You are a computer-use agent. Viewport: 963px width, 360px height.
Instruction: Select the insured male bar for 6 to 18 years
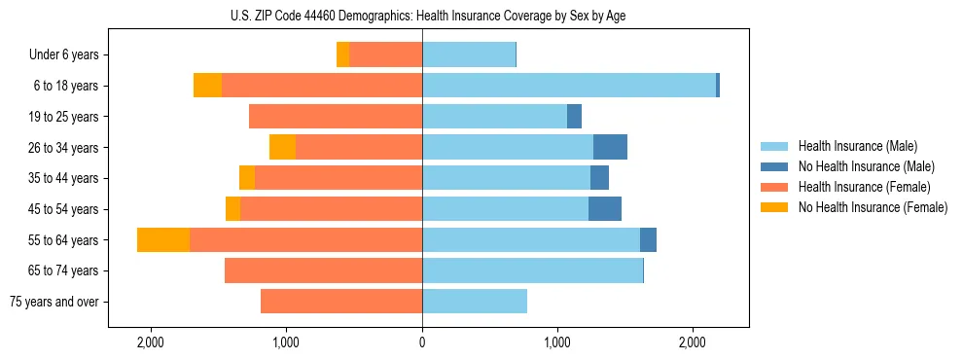[x=569, y=86]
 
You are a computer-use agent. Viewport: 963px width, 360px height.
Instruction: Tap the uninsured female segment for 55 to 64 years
[x=163, y=240]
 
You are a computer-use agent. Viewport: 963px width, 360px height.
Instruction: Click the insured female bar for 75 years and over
[x=341, y=302]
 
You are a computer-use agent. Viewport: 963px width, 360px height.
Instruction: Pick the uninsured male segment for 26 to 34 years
[x=610, y=147]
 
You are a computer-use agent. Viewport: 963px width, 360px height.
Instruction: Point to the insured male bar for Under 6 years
[x=469, y=54]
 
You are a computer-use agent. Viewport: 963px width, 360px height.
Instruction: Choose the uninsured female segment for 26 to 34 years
[x=282, y=147]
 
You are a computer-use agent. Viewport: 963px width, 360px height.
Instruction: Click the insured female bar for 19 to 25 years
[x=336, y=117]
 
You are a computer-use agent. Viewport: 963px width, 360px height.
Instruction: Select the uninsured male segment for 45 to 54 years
[x=605, y=209]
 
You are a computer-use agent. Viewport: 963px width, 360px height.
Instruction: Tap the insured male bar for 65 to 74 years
[x=532, y=270]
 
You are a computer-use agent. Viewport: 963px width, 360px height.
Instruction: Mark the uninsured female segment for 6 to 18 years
[x=207, y=86]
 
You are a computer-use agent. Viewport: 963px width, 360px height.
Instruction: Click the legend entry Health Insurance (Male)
[x=857, y=146]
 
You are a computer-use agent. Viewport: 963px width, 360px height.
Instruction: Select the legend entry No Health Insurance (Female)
[x=873, y=207]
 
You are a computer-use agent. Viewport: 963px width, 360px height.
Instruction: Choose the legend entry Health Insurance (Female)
[x=864, y=187]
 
